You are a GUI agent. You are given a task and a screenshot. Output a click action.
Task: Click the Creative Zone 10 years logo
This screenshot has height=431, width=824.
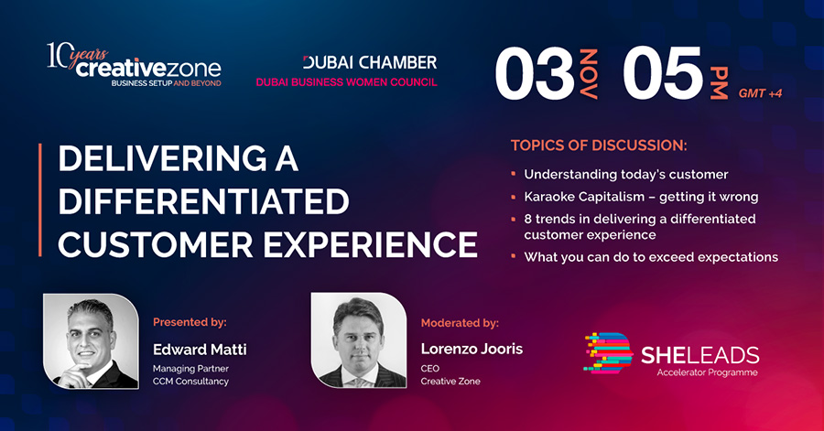coord(134,65)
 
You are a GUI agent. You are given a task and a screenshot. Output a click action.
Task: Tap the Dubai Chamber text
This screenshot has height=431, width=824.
coord(370,62)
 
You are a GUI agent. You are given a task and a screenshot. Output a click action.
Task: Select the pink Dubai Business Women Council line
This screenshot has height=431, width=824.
coord(346,81)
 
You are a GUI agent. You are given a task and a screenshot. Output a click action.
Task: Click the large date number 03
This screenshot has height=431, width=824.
coord(535,73)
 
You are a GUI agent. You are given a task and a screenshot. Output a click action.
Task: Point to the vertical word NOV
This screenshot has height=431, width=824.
coord(589,73)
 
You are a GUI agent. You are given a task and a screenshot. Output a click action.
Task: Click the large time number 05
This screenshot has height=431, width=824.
coord(663,73)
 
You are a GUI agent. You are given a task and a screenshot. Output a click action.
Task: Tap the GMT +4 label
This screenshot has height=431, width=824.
coord(760,93)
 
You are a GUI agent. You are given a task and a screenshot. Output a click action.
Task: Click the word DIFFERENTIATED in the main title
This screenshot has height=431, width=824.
coord(204,201)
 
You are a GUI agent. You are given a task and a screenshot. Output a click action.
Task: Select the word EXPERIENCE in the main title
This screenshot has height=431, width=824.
coord(371,244)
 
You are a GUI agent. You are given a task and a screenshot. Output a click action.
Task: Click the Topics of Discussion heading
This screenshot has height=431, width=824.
coord(599,145)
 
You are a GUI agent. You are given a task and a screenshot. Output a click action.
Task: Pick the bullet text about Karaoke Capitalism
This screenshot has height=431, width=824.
coord(641,197)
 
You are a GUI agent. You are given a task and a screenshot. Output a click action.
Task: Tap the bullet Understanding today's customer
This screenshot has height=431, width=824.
coord(626,174)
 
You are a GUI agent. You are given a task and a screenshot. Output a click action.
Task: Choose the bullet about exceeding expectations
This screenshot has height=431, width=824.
coord(651,257)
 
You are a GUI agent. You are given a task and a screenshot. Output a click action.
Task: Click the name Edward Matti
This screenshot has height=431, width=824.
coord(200,350)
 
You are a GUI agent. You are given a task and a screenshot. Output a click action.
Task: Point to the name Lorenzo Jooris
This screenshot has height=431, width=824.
coord(472,350)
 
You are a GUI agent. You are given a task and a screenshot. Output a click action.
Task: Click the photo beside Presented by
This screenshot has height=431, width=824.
coord(91,341)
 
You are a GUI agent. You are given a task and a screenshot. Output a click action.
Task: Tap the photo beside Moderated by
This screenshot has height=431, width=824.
coord(359,340)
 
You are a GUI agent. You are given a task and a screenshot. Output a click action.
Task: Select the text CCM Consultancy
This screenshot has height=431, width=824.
coord(190,382)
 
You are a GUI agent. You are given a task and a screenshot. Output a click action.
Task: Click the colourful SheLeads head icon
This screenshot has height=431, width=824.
coord(609,353)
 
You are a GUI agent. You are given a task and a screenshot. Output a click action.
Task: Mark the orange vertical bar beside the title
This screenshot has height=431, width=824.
coord(40,200)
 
